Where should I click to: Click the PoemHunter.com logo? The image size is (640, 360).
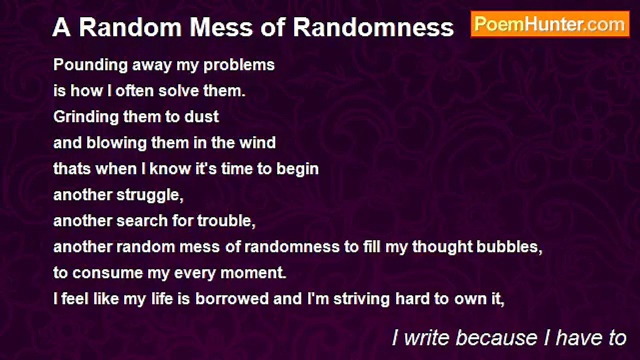(550, 24)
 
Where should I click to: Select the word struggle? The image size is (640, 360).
(150, 195)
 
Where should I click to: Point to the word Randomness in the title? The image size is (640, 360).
(373, 28)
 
